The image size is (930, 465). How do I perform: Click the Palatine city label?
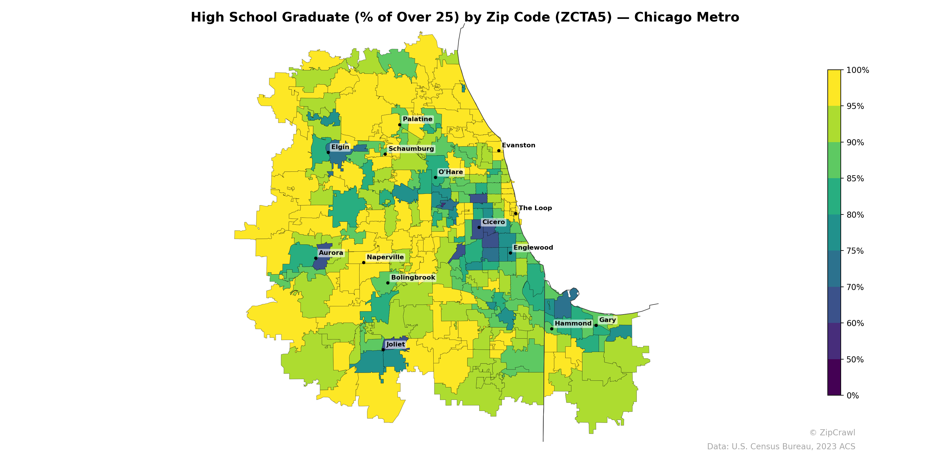(417, 119)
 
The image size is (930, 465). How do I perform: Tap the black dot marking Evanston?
(499, 151)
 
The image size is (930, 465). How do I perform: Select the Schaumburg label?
(411, 149)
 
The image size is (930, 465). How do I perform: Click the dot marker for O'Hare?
(435, 177)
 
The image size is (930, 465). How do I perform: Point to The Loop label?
(535, 208)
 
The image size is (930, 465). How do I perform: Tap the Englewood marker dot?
(510, 253)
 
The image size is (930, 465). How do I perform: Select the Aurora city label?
(331, 253)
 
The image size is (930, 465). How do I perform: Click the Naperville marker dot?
(364, 262)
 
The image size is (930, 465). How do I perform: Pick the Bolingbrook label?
(413, 278)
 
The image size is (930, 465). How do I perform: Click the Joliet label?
(395, 344)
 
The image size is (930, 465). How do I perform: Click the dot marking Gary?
(596, 325)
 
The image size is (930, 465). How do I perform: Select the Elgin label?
(340, 147)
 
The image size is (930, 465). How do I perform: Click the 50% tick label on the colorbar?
(855, 360)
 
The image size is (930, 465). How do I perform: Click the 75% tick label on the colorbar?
(855, 251)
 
